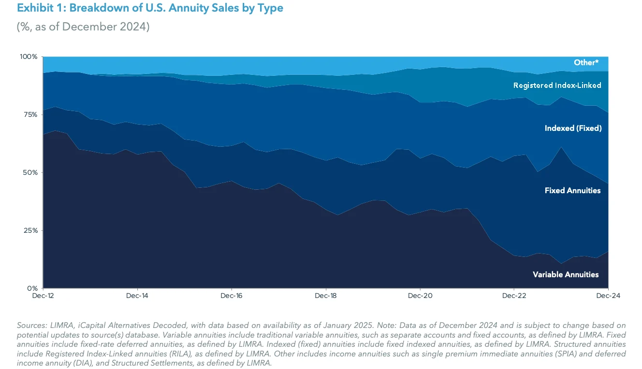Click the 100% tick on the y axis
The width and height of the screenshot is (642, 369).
pos(28,57)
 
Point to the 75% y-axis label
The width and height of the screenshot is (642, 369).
pos(29,114)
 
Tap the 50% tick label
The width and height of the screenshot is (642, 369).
pos(29,172)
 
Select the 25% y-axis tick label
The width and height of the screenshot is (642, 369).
pos(29,230)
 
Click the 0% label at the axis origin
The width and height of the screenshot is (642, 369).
pos(32,288)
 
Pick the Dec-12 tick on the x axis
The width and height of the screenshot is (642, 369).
pos(44,295)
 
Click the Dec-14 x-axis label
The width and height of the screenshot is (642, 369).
pos(138,295)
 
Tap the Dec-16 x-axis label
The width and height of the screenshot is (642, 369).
pos(232,295)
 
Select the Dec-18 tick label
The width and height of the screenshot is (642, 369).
pos(326,295)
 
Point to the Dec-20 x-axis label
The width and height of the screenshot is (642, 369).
pos(420,295)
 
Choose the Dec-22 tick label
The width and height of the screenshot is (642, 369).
pos(514,295)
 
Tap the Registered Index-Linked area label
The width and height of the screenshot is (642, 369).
pos(557,85)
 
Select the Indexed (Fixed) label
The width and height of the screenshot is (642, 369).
pos(573,128)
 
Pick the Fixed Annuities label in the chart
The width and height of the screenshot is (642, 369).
pos(572,190)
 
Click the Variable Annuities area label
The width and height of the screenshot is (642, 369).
pos(566,274)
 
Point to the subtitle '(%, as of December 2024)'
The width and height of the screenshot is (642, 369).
pos(83,27)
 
